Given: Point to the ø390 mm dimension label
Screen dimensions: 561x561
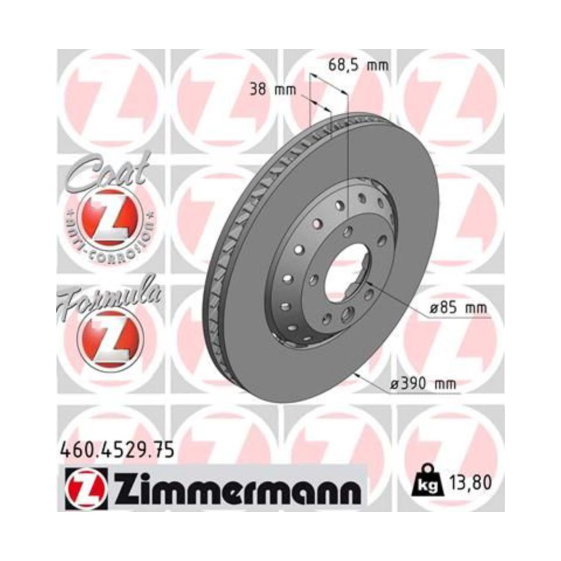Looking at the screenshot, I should (x=422, y=384).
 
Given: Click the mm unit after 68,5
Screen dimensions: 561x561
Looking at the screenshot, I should (x=376, y=66).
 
